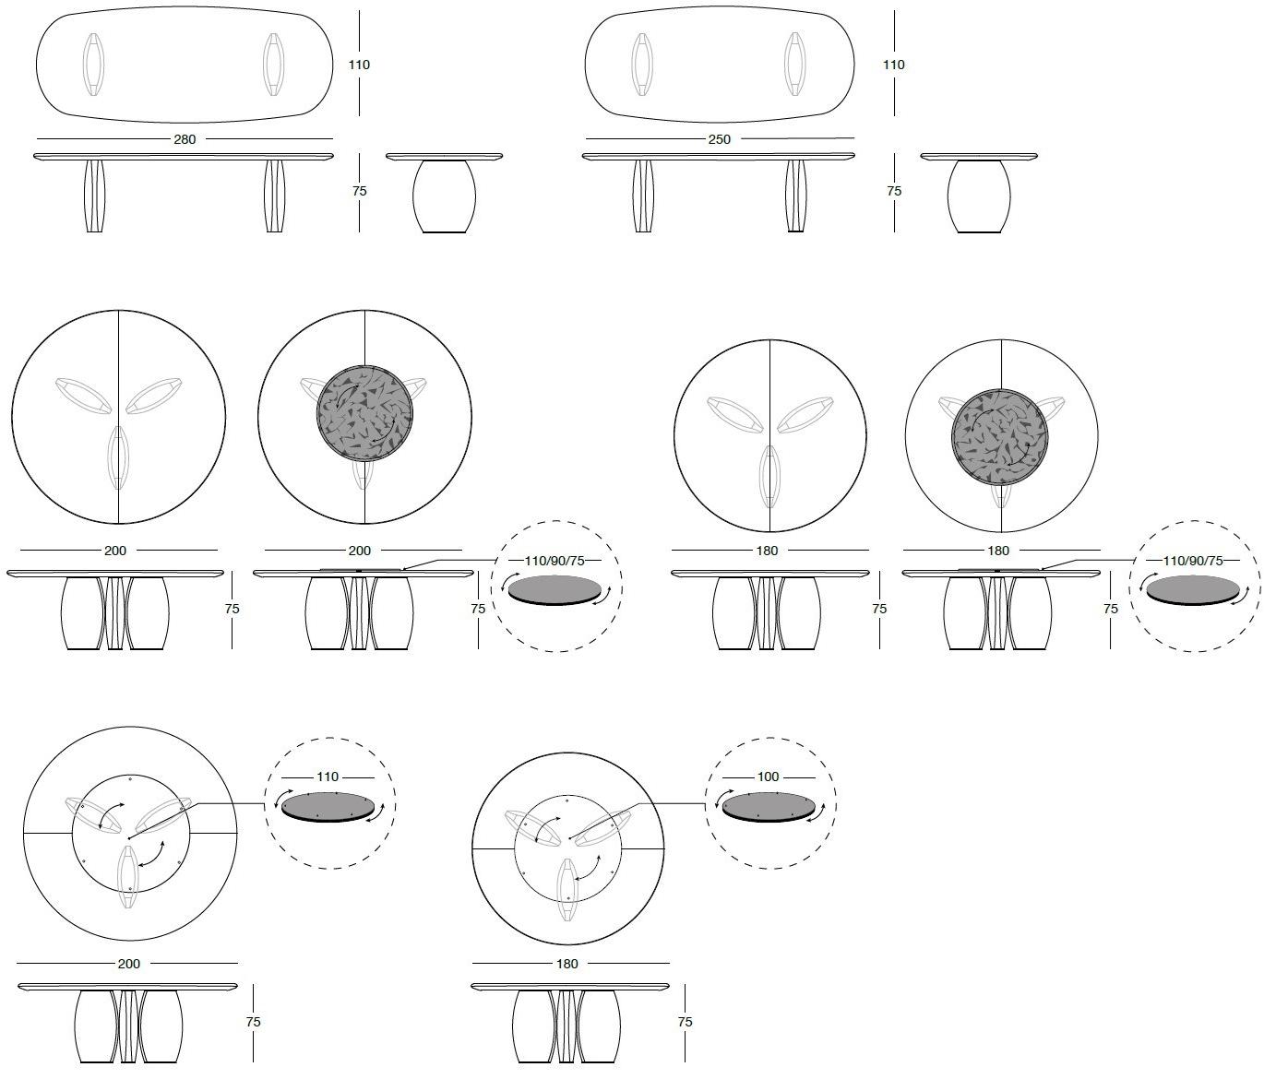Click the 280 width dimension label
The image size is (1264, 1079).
[x=185, y=139]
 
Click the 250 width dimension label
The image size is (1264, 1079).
[x=719, y=139]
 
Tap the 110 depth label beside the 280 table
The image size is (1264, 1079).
[x=359, y=65]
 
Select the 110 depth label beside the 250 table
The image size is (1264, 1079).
[x=893, y=65]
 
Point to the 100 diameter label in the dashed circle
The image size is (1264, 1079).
[x=768, y=777]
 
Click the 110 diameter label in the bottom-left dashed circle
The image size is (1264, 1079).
[x=328, y=777]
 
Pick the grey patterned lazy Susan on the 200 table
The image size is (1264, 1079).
[x=364, y=414]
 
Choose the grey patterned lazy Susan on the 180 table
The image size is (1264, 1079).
[x=1000, y=437]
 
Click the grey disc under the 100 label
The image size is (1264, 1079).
[x=769, y=808]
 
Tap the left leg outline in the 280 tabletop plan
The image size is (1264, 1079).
[x=93, y=65]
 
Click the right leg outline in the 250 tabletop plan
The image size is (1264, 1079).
[x=794, y=65]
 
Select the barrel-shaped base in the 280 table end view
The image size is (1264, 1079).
[x=444, y=196]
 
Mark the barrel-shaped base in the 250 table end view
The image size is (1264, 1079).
[x=979, y=196]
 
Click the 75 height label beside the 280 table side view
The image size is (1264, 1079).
[x=360, y=191]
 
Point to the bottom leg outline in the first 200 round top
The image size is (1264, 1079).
[x=119, y=457]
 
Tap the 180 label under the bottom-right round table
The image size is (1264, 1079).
[x=566, y=964]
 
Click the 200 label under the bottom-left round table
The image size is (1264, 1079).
[x=128, y=964]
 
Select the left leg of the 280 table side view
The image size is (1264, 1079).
[x=94, y=196]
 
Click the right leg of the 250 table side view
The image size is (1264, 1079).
[x=795, y=196]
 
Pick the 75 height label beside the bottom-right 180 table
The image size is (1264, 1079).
[x=685, y=1022]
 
